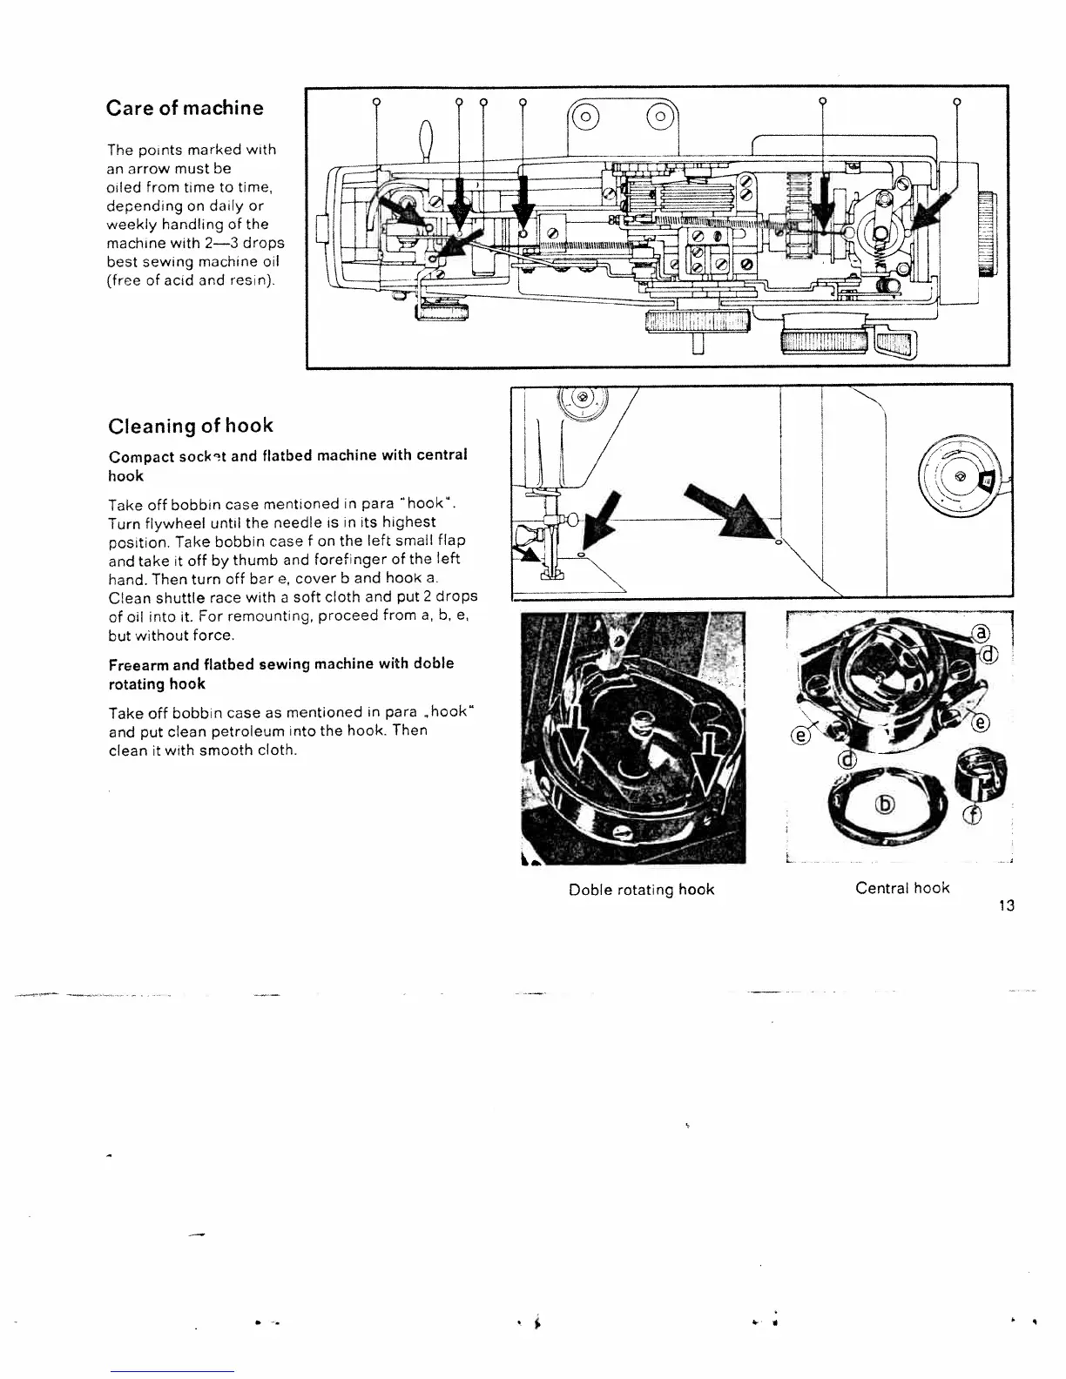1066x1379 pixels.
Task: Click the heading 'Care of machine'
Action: [184, 108]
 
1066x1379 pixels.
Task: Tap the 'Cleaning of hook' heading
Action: [190, 426]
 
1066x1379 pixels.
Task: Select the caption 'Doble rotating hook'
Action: [641, 889]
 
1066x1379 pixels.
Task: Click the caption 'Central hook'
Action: [902, 888]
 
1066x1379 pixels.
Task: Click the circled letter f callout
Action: [974, 814]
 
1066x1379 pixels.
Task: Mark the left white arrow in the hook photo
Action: [571, 740]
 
